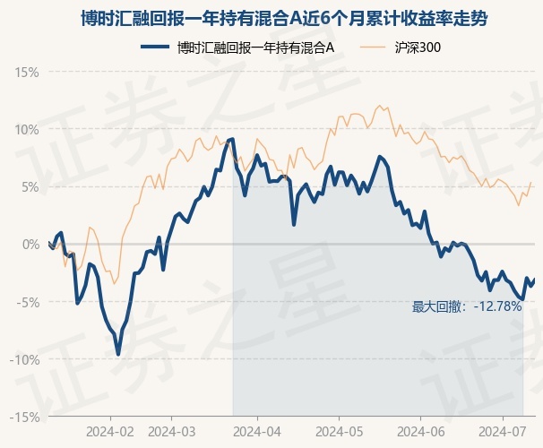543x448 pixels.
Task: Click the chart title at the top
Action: tap(284, 18)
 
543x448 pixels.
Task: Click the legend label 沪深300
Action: tap(418, 47)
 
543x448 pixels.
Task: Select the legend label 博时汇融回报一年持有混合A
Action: tap(255, 47)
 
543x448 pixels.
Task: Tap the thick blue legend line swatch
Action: tap(155, 47)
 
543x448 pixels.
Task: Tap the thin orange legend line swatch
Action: tap(373, 47)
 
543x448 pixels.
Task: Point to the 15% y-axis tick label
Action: tap(26, 73)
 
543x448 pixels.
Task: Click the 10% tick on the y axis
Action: tap(26, 130)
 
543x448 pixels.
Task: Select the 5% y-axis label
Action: tap(30, 187)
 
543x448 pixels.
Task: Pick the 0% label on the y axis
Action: tap(30, 245)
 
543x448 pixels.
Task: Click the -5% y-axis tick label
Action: tap(28, 302)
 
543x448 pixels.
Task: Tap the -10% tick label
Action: tap(24, 359)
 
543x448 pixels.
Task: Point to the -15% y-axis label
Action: tap(24, 418)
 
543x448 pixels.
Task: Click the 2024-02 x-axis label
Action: tap(110, 432)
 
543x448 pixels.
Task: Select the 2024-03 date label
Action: tap(172, 432)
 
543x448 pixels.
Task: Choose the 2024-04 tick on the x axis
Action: tap(257, 432)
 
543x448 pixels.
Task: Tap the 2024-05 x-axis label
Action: tap(340, 432)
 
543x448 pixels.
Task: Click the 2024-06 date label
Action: tap(421, 432)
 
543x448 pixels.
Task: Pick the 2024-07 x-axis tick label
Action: tap(503, 432)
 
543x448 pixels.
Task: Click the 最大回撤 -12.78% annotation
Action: tap(467, 306)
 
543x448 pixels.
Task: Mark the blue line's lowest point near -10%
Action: tap(118, 355)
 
